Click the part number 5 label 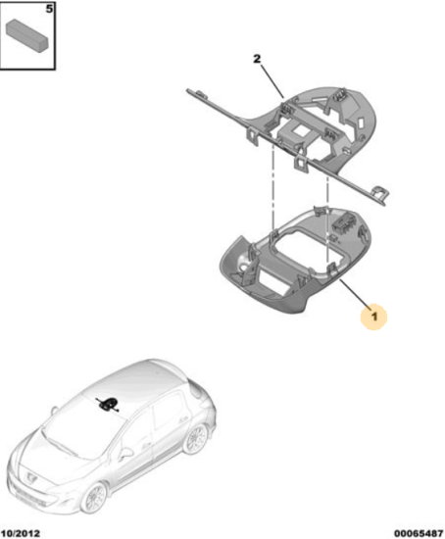click(x=50, y=9)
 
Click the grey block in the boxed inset click(x=27, y=35)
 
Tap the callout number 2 click(x=257, y=59)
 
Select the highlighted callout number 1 click(x=373, y=317)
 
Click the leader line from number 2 click(x=272, y=81)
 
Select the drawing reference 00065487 click(x=419, y=533)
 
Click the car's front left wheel click(x=93, y=499)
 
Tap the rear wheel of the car click(x=195, y=439)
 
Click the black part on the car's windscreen click(x=107, y=404)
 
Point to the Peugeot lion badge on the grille click(x=30, y=476)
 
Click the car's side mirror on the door click(x=125, y=453)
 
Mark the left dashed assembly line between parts click(x=273, y=186)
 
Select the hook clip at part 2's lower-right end click(x=379, y=192)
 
